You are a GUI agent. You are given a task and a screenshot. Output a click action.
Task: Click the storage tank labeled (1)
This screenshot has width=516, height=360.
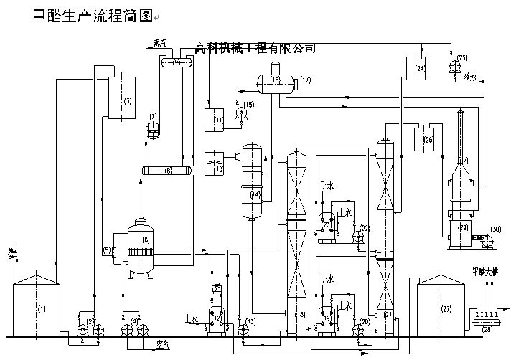click(41, 308)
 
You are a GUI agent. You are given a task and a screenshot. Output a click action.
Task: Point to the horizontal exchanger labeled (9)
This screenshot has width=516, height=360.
click(175, 63)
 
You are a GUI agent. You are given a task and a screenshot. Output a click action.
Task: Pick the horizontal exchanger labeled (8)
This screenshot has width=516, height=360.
click(166, 171)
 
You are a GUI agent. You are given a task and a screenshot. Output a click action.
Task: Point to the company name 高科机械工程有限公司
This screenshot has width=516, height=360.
click(255, 48)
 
